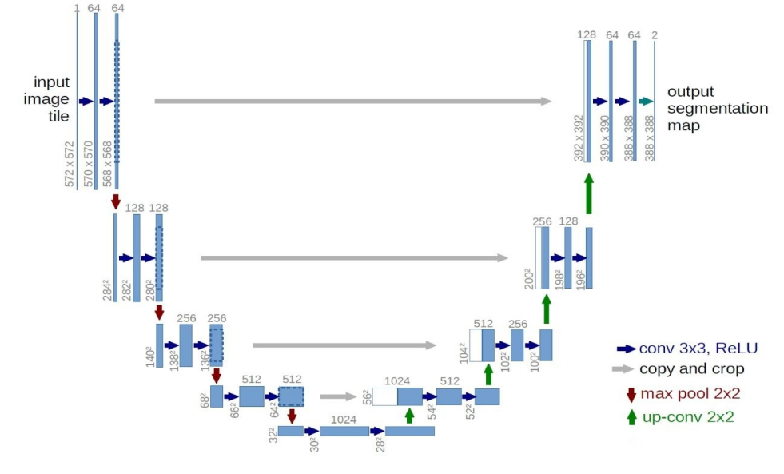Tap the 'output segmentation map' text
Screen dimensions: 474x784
(x=717, y=109)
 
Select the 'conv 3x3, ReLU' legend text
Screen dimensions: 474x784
(x=698, y=349)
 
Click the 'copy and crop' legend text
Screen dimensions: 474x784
(x=691, y=369)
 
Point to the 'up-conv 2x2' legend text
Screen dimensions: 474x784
(x=686, y=416)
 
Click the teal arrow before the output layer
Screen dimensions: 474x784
(x=647, y=102)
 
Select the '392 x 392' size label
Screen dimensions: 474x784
(x=579, y=137)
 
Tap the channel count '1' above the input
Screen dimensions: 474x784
(x=77, y=8)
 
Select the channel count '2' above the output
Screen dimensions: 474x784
(x=655, y=35)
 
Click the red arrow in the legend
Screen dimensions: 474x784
(x=631, y=394)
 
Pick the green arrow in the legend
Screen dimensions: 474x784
(x=631, y=416)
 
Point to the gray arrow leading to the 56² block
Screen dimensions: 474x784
(x=337, y=396)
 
